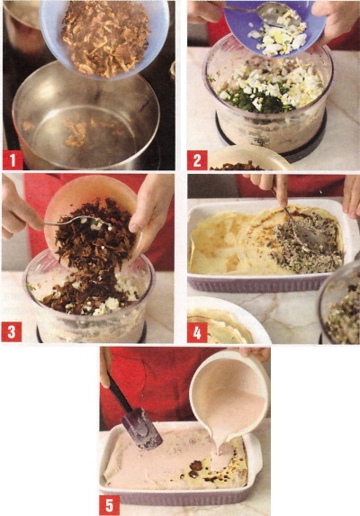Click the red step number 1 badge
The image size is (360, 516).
(x=13, y=160)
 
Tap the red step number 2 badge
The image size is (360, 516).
(x=197, y=160)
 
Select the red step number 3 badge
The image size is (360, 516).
(x=12, y=332)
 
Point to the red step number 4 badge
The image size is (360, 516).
(x=197, y=332)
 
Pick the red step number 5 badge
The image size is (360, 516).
(x=109, y=505)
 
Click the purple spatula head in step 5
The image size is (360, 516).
(x=142, y=429)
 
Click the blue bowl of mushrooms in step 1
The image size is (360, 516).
(x=104, y=36)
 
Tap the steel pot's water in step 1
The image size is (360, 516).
(x=82, y=129)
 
